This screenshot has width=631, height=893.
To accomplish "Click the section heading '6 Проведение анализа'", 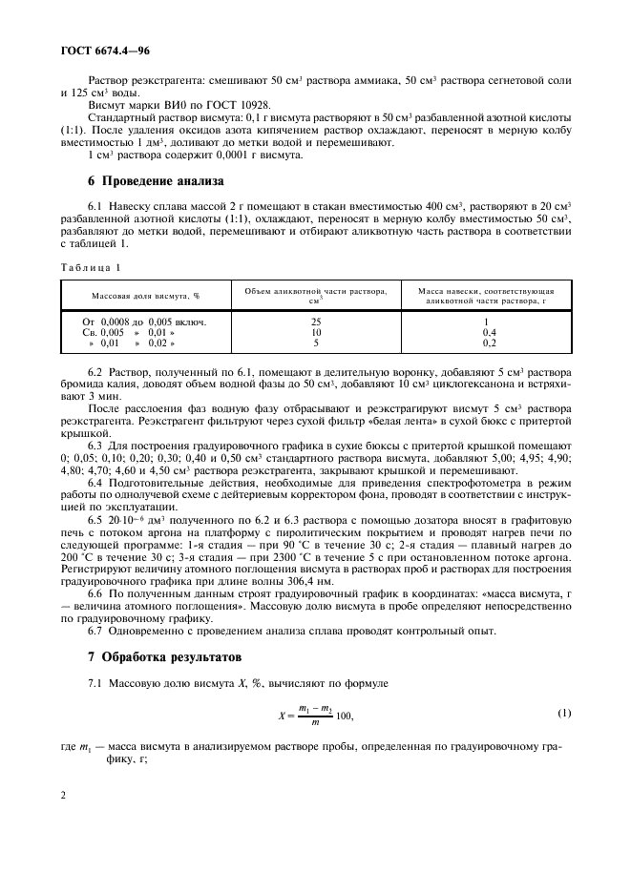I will pyautogui.click(x=155, y=179).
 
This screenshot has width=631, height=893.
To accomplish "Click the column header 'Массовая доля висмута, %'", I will pyautogui.click(x=145, y=296).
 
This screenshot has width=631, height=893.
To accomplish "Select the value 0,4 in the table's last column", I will pyautogui.click(x=489, y=332).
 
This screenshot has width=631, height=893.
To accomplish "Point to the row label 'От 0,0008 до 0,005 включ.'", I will pyautogui.click(x=144, y=322).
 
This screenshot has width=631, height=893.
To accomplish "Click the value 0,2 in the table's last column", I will pyautogui.click(x=489, y=343).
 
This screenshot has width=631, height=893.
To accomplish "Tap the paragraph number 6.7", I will pyautogui.click(x=95, y=632).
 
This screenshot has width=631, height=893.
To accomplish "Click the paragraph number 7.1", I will pyautogui.click(x=95, y=683).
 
